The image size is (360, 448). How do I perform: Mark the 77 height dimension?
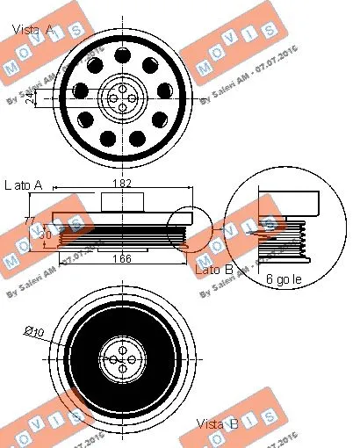pos(28,220)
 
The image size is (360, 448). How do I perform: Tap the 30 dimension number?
pos(44,235)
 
